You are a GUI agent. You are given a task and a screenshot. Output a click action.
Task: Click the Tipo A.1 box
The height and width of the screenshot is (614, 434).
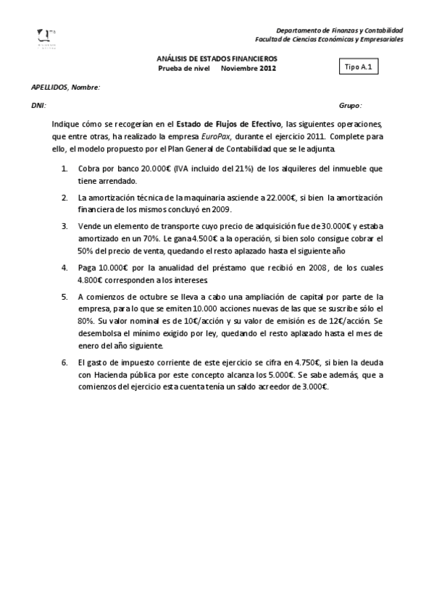(359, 66)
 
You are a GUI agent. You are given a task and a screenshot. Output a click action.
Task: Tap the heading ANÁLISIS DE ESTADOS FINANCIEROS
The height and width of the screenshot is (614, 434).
(217, 59)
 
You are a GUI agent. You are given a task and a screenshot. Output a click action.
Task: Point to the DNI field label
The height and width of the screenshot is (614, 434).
(38, 105)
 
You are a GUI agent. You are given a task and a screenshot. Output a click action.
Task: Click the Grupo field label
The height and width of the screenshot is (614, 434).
(350, 105)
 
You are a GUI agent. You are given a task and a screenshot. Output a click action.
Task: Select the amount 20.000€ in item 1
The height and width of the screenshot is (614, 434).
(156, 168)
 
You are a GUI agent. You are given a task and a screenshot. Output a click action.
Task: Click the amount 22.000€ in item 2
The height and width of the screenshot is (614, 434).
(283, 197)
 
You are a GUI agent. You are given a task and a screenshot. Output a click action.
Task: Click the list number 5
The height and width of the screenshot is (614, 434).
(64, 296)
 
